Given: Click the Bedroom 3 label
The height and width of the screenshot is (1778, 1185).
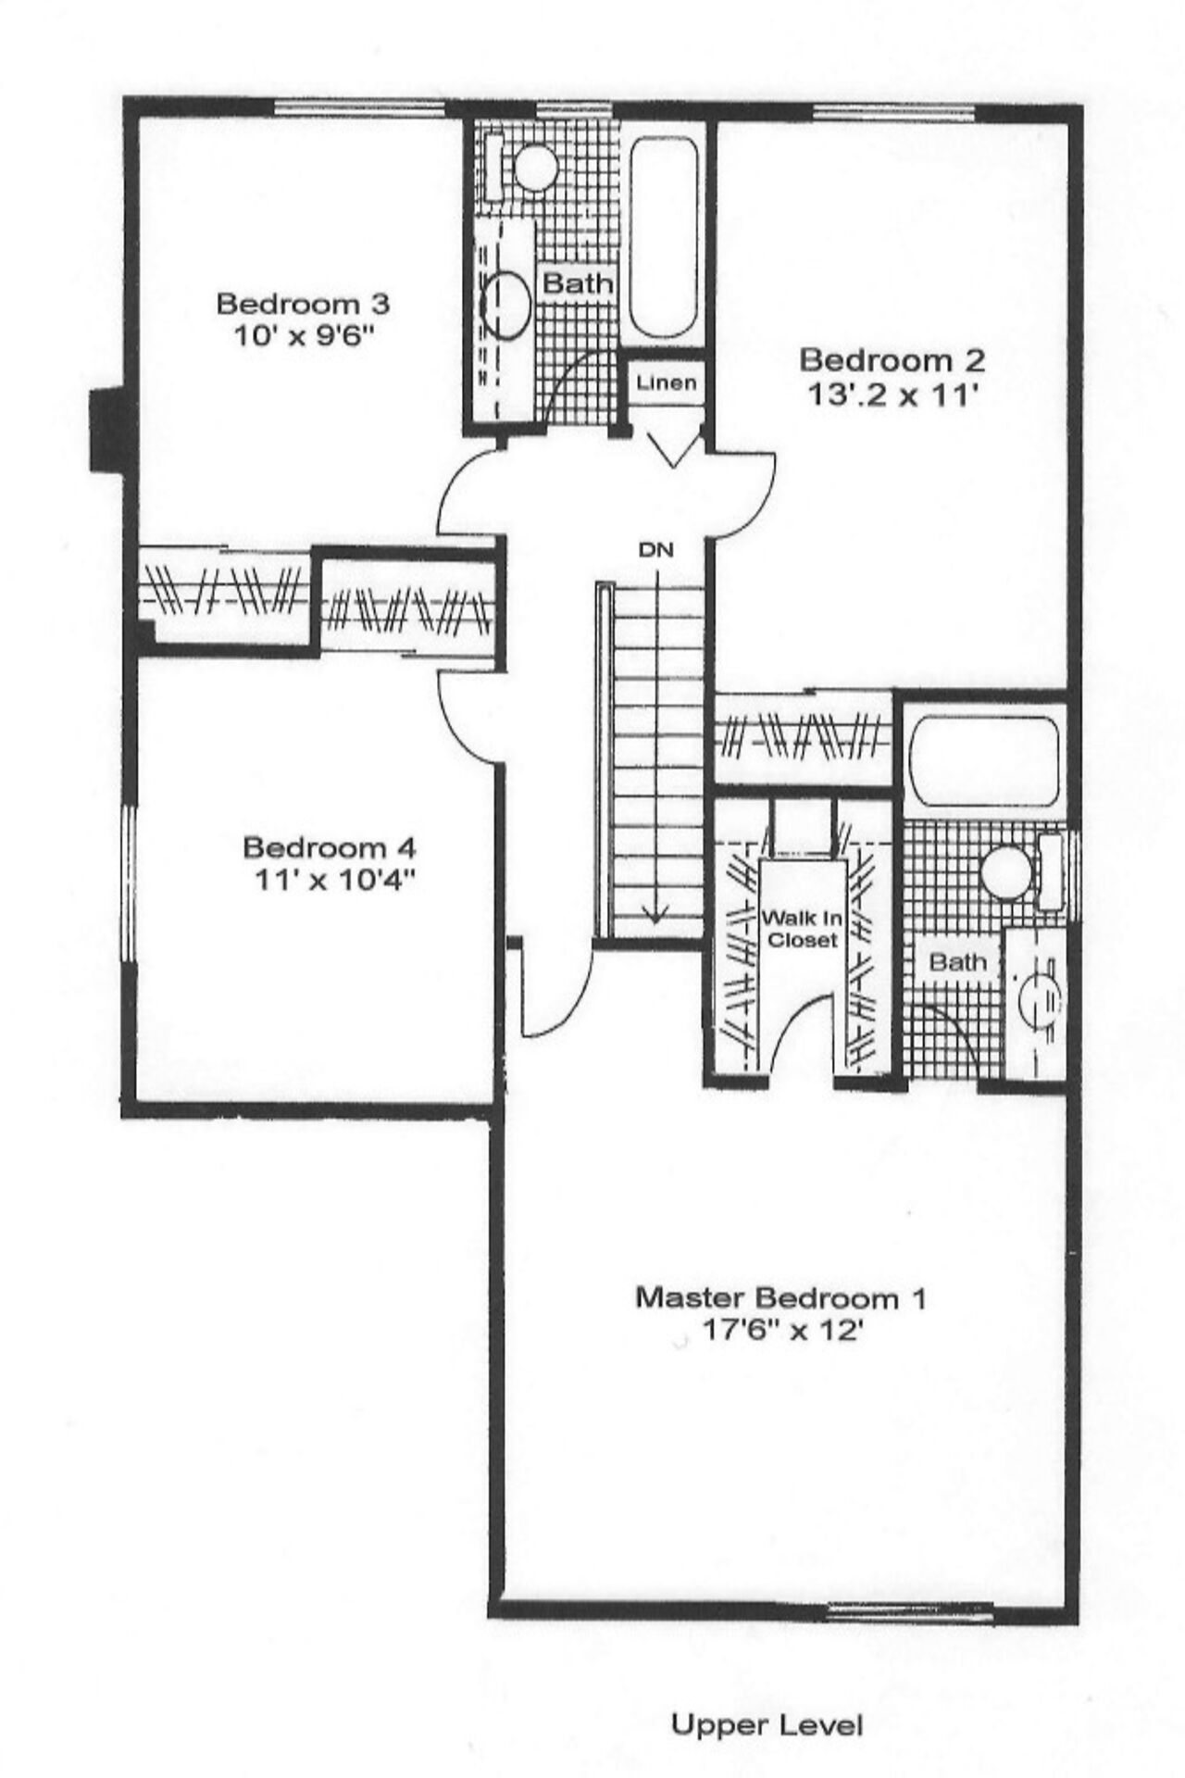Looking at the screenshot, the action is point(303,303).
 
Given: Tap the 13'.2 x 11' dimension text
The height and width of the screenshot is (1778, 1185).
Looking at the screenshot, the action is point(892,395).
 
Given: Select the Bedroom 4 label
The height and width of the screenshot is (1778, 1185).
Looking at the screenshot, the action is point(330,846).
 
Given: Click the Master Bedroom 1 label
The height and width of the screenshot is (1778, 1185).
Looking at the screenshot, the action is point(780,1297).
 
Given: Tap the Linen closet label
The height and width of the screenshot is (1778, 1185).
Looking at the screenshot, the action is point(667,382).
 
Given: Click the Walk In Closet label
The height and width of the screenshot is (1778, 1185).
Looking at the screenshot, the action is point(801,929).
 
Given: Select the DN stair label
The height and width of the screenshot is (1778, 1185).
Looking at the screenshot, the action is point(655,549).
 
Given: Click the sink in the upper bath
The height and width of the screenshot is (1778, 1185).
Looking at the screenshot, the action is point(506,305).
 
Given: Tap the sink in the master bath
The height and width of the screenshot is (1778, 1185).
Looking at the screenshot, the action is point(1035,997).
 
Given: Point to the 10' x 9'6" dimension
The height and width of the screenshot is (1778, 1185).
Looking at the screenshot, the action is point(302,336).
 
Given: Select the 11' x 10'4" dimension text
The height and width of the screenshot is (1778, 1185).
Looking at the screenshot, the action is point(330,881).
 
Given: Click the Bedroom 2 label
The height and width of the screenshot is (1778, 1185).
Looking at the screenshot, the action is point(892,359).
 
